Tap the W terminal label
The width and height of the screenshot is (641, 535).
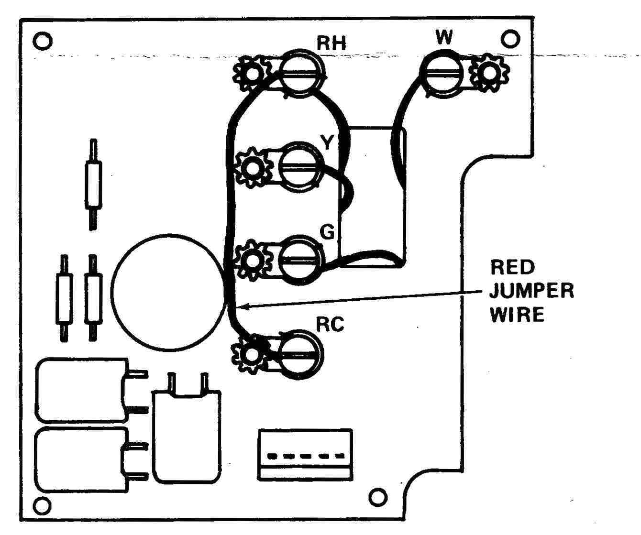pos(444,37)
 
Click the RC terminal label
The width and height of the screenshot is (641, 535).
pos(330,325)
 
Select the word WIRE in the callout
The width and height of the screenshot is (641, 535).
pos(518,315)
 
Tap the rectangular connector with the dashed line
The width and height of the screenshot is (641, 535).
pos(305,455)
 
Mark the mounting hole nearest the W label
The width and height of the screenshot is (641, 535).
pos(511,38)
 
